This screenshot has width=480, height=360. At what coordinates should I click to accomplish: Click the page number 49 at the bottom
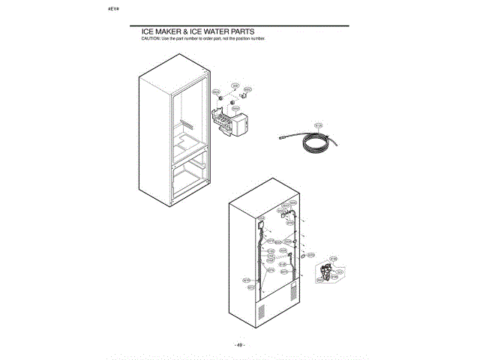pyautogui.click(x=239, y=344)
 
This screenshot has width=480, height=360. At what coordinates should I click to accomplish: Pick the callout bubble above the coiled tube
pyautogui.click(x=317, y=125)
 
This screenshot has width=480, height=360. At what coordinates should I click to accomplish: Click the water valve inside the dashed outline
pyautogui.click(x=325, y=273)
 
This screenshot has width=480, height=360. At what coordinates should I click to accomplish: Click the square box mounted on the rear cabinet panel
pyautogui.click(x=259, y=223)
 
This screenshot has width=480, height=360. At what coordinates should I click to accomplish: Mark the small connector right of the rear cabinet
pyautogui.click(x=301, y=256)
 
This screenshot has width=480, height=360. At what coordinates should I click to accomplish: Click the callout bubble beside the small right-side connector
pyautogui.click(x=311, y=255)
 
